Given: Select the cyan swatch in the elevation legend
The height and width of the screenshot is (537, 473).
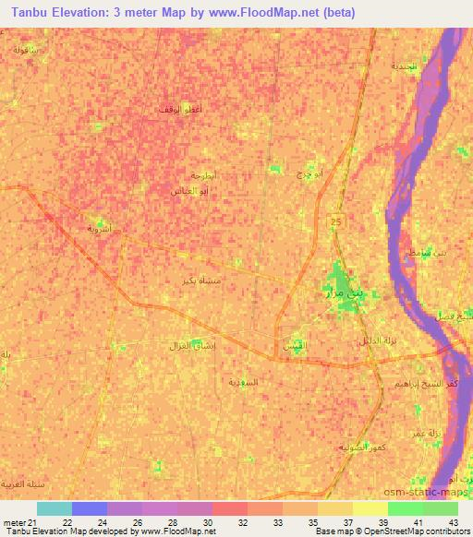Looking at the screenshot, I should pyautogui.click(x=54, y=508).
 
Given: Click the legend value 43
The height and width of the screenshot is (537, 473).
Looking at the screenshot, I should pyautogui.click(x=452, y=522).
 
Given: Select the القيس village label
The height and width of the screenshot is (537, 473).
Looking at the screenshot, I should pyautogui.click(x=292, y=345).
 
